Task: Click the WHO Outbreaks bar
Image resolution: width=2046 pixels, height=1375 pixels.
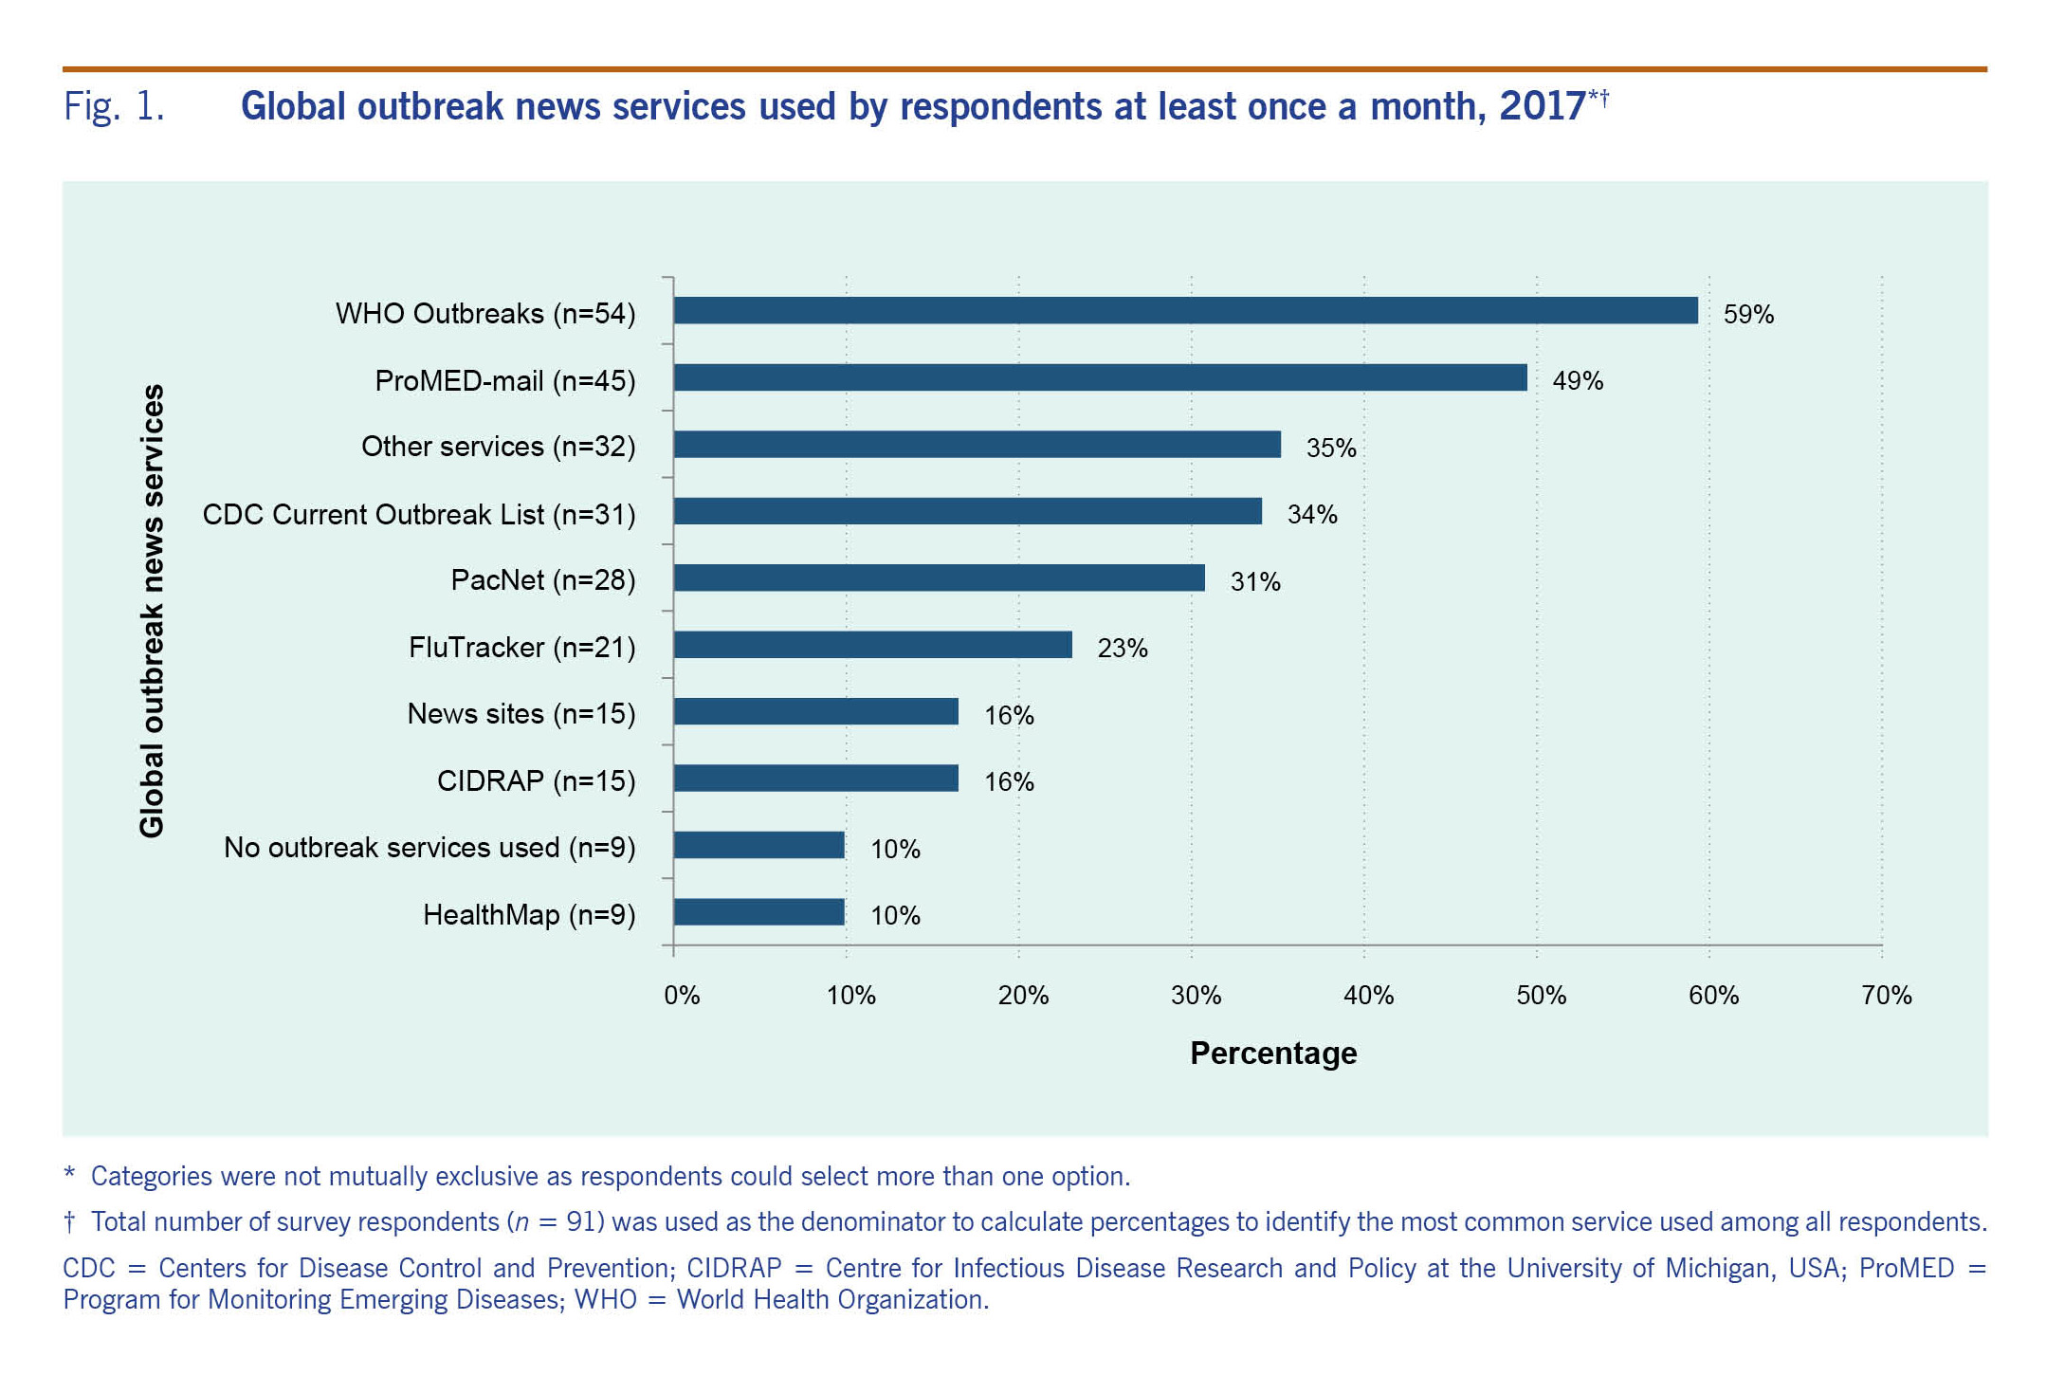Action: (x=1185, y=310)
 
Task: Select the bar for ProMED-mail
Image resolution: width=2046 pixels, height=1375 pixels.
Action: (x=1100, y=377)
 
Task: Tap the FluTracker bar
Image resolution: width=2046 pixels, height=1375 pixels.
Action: (x=872, y=645)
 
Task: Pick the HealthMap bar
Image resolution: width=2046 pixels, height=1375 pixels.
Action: (x=758, y=912)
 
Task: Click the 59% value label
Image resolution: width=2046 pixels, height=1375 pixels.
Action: (x=1748, y=314)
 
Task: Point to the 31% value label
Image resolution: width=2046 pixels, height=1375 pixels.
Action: (x=1255, y=581)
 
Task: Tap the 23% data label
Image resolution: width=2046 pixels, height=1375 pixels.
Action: (x=1123, y=648)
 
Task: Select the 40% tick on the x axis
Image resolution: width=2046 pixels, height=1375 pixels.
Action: (x=1368, y=995)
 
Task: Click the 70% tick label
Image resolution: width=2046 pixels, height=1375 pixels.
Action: (x=1886, y=995)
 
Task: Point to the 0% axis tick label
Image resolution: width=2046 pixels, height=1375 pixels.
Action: (x=682, y=995)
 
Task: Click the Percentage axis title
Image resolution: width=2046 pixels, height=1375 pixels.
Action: (x=1273, y=1053)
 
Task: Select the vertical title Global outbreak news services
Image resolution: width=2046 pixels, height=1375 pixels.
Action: (x=152, y=611)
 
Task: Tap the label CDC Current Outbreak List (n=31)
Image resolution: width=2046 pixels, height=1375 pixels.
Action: (x=419, y=514)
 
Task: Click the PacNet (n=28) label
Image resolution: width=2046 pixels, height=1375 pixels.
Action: (x=543, y=579)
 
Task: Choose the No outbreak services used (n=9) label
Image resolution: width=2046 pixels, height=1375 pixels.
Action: (x=429, y=847)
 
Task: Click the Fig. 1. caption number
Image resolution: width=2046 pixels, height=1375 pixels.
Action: (x=114, y=106)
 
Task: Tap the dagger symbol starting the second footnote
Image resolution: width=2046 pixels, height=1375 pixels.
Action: (x=69, y=1221)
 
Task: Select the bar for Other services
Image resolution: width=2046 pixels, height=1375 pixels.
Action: (x=977, y=444)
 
